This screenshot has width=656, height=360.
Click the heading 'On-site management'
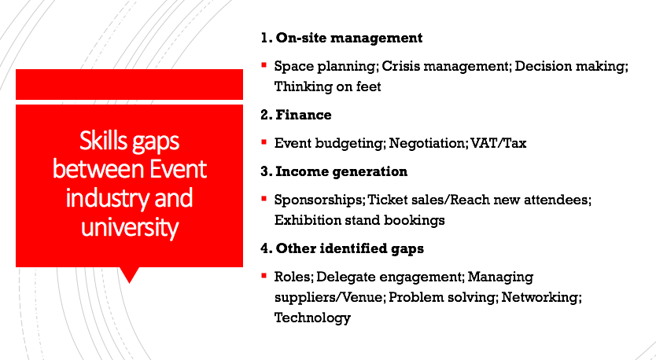pos(349,38)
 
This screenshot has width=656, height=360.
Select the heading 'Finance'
pos(304,115)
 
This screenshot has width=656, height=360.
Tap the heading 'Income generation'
pos(341,172)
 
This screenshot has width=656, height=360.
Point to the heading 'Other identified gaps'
pos(350,249)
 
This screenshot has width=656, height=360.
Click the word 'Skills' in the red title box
pos(103,141)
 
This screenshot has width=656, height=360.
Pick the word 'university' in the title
pos(130,227)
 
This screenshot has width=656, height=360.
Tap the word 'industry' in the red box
pos(107,198)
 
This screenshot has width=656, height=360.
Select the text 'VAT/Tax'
pos(498,143)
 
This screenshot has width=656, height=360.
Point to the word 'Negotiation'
pos(428,143)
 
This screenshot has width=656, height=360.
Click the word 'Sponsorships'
pos(319,200)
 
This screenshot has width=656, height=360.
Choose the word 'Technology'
pos(312,318)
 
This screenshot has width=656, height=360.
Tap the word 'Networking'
pos(541,297)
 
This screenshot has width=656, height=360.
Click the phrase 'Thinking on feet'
pos(327,86)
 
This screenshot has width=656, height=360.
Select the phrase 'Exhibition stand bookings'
pos(359,220)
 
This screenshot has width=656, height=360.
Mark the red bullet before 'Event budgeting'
pos(264,142)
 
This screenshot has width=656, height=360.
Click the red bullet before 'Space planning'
pos(264,65)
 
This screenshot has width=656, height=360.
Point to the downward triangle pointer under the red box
pos(129,274)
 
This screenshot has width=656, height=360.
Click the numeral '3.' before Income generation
pos(266,172)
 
